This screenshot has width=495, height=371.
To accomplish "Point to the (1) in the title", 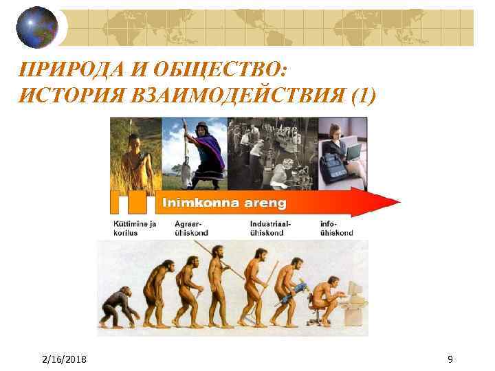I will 363,96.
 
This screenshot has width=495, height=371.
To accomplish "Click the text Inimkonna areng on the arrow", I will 223,203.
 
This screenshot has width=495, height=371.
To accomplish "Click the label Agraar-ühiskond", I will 192,228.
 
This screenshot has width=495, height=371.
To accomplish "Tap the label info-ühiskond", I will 336,228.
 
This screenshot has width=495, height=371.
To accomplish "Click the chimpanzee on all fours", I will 118,309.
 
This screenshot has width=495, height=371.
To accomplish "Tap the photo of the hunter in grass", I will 135,154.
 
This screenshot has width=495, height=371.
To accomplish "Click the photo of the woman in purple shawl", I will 195,154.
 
